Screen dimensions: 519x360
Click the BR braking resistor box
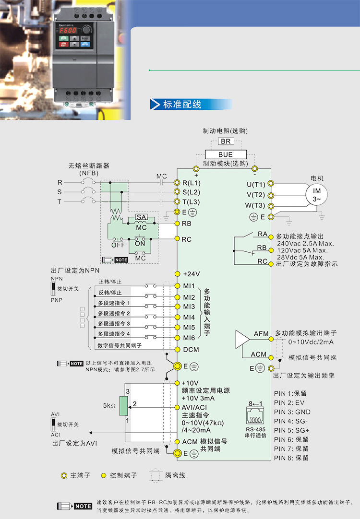click(x=225, y=142)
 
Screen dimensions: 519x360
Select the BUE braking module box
click(x=225, y=154)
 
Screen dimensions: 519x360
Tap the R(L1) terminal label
click(x=191, y=183)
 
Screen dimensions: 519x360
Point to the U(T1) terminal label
click(x=256, y=184)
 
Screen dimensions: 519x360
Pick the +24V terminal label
click(x=191, y=274)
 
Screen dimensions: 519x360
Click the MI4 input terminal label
click(x=189, y=317)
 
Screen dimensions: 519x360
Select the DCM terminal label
click(x=191, y=349)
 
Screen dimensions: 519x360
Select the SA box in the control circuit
click(x=141, y=217)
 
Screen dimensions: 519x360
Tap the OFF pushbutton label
click(x=118, y=245)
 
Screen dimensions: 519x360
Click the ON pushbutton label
click(x=140, y=244)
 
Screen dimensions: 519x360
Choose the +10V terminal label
click(x=191, y=383)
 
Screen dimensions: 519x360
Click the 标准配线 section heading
click(x=182, y=105)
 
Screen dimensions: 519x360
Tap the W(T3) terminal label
click(x=255, y=206)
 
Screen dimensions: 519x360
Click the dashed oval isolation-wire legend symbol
click(x=155, y=475)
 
